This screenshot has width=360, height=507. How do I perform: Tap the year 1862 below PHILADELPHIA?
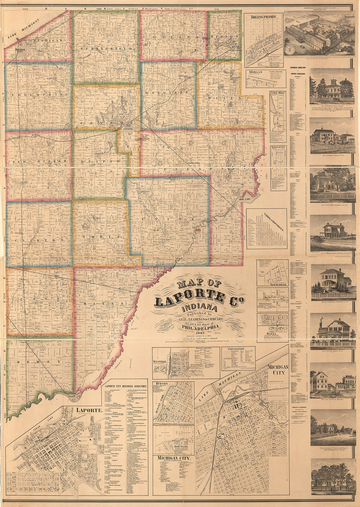click(x=198, y=333)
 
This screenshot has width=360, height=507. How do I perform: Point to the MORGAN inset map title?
click(x=256, y=72)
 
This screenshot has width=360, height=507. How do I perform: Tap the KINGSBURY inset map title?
click(x=278, y=148)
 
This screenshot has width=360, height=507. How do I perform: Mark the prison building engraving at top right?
click(x=319, y=33)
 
